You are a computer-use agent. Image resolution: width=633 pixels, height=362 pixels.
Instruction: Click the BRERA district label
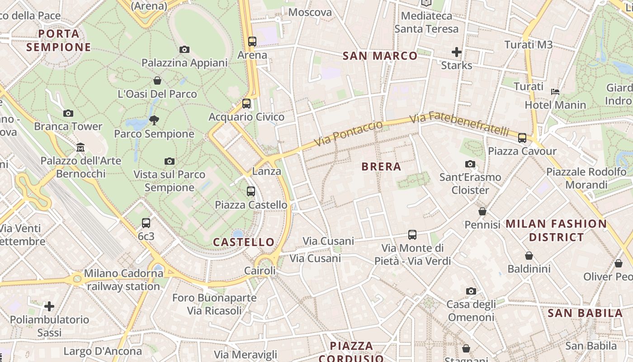pos(381,167)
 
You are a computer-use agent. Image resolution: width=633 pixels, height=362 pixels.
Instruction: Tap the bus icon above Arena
pos(252,42)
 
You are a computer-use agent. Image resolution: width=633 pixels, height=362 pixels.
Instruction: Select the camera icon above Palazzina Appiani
pos(184,50)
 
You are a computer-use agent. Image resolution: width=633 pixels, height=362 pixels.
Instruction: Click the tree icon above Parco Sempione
pos(154,120)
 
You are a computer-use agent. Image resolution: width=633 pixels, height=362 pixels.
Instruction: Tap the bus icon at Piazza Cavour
pos(522,138)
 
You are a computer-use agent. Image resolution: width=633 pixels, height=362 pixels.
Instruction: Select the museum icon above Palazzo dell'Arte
pos(81,148)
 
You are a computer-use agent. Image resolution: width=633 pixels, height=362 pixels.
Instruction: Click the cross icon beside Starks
pos(457,52)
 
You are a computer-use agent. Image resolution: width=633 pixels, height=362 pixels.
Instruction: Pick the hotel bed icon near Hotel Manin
pos(555,92)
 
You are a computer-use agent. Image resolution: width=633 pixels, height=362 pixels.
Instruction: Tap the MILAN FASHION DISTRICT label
pos(556,230)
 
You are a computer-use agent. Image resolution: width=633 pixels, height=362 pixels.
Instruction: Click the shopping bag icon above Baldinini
pos(529,256)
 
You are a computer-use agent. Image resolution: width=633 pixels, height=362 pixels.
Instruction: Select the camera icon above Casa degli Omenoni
pos(471,291)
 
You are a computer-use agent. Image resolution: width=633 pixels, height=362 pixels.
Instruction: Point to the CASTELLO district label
pos(244,242)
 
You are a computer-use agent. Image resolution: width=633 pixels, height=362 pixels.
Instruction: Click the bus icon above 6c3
pos(146,223)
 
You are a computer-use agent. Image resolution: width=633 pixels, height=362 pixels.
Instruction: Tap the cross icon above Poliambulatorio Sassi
pos(49,307)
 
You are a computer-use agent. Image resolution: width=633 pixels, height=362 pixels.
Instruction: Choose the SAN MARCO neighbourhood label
pos(380,56)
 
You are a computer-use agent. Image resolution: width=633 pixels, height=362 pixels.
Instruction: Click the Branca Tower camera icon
pos(68,114)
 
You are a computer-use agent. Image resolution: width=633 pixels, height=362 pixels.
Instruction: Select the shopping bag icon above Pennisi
pos(482,212)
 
